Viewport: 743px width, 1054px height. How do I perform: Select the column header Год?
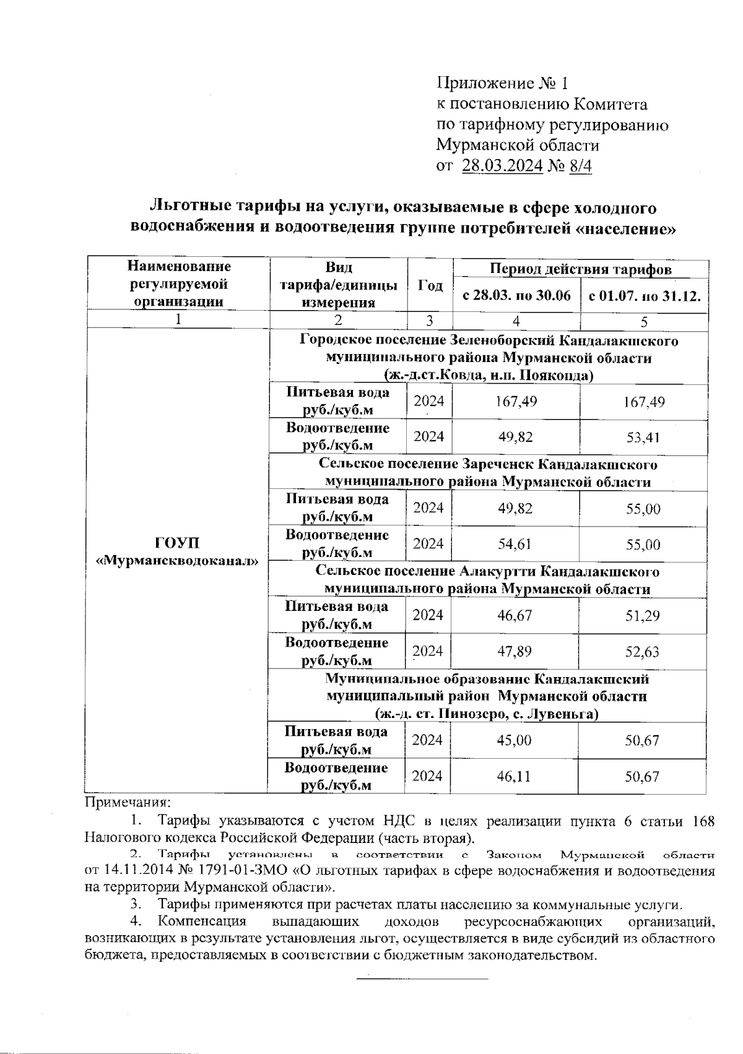tap(430, 286)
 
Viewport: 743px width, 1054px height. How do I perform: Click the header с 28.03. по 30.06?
tap(517, 296)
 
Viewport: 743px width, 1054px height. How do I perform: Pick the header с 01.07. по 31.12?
tap(645, 296)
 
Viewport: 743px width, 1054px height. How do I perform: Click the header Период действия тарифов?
tap(580, 269)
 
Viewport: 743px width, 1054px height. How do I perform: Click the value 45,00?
tap(515, 740)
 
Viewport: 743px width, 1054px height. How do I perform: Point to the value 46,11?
tap(515, 776)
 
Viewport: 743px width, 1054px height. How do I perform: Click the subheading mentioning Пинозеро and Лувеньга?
tap(487, 714)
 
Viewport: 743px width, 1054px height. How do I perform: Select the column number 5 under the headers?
tap(644, 321)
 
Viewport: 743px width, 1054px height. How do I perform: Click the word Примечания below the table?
tap(127, 803)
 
